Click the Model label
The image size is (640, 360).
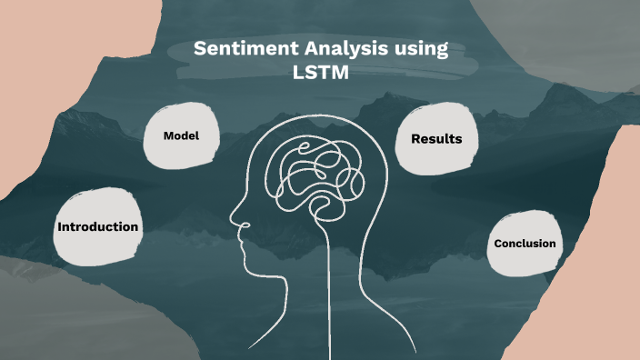[181, 135]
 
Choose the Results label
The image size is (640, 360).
[436, 139]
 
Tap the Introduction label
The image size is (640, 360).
[98, 226]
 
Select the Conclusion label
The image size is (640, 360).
[525, 244]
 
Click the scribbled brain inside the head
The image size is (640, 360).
[309, 173]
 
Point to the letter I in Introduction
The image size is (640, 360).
[60, 226]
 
